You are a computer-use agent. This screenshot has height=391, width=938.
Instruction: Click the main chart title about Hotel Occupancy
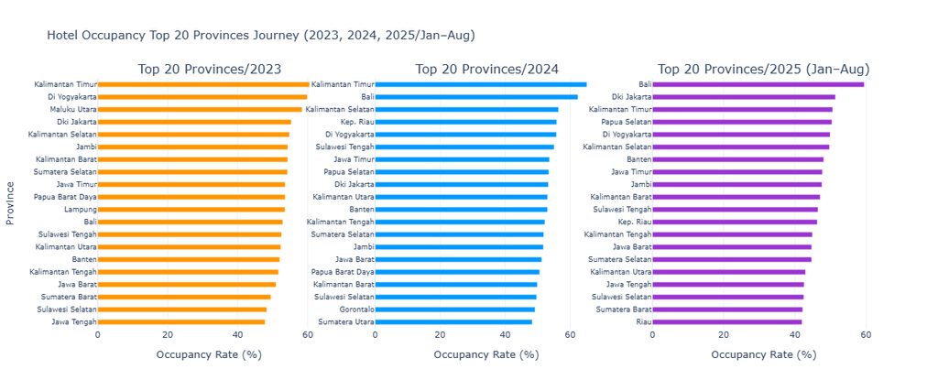(x=261, y=36)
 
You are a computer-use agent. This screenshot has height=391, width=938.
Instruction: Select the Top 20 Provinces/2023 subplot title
(x=210, y=69)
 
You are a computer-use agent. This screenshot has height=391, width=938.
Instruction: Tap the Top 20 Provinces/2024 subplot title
(x=487, y=69)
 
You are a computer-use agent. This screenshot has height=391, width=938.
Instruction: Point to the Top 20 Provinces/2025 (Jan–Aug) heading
(x=764, y=69)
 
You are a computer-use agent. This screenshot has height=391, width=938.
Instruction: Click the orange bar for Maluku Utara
(x=200, y=109)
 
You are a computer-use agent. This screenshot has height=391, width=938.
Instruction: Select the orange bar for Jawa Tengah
(x=181, y=321)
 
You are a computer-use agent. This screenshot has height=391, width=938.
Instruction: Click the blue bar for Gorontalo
(x=454, y=310)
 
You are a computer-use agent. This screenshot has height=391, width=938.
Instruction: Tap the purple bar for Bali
(x=758, y=84)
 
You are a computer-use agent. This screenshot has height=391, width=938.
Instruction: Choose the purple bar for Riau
(x=727, y=321)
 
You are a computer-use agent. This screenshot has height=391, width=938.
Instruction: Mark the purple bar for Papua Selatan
(x=742, y=122)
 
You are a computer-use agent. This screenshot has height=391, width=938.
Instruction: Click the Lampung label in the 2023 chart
(x=81, y=210)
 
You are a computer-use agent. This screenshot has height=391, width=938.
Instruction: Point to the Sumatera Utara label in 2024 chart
(x=346, y=321)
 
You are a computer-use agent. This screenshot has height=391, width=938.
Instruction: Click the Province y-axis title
(x=10, y=203)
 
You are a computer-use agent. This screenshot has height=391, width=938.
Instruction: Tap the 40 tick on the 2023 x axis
(x=237, y=335)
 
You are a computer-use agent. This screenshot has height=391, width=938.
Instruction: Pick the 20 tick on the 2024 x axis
(x=441, y=335)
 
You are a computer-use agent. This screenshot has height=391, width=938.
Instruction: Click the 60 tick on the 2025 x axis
(x=866, y=335)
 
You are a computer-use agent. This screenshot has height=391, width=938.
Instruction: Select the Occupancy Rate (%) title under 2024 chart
(x=486, y=354)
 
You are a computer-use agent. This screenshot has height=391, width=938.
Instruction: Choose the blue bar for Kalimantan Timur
(x=481, y=84)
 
